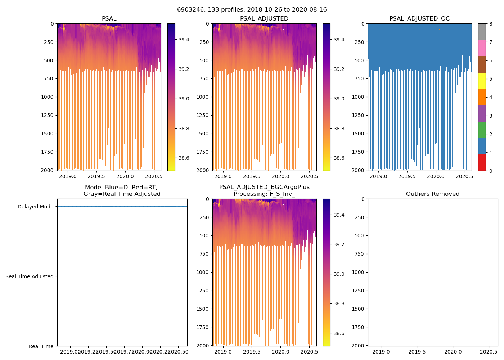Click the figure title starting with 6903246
click(x=252, y=10)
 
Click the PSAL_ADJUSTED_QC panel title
click(x=419, y=19)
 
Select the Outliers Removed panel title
click(x=432, y=194)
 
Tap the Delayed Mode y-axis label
click(x=35, y=207)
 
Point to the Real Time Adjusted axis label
click(x=30, y=276)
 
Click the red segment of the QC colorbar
click(x=482, y=162)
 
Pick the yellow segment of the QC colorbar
click(x=482, y=81)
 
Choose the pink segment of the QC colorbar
click(x=482, y=48)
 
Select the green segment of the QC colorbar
click(x=482, y=130)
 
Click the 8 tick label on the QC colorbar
click(x=491, y=24)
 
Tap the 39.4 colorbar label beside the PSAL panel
click(x=184, y=40)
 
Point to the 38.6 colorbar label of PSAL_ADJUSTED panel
click(x=339, y=158)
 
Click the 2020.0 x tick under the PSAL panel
click(x=125, y=176)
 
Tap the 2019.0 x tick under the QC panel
click(x=378, y=176)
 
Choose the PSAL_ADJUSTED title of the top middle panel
click(x=264, y=19)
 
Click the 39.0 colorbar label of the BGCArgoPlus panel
click(x=339, y=274)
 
